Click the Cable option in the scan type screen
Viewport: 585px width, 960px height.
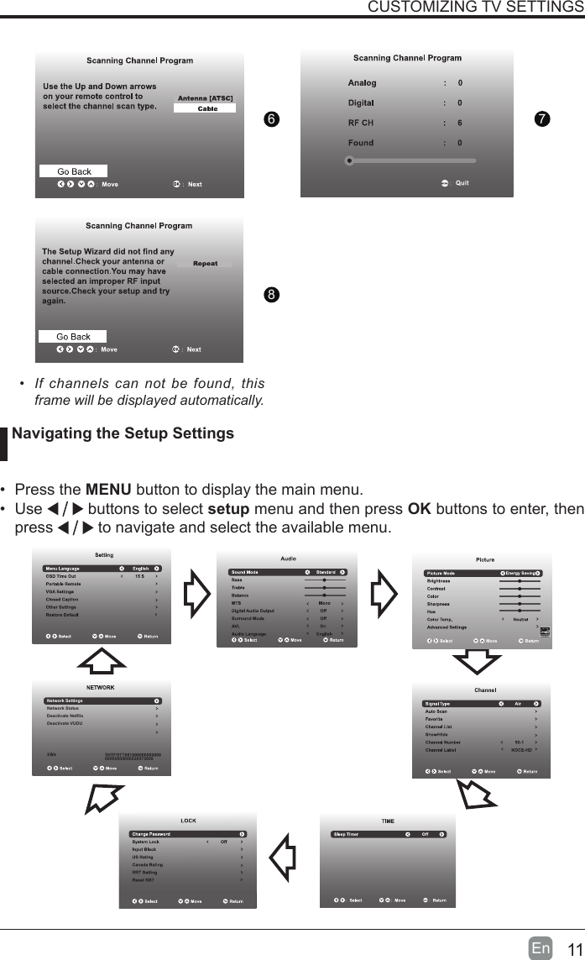(206, 108)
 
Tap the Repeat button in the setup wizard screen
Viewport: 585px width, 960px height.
(205, 264)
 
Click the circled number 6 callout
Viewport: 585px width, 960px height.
(270, 119)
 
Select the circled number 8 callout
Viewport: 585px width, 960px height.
(270, 295)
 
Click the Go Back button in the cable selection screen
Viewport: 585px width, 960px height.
(74, 171)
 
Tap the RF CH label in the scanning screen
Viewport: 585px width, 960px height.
(361, 123)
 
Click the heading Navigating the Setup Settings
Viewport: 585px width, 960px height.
(123, 434)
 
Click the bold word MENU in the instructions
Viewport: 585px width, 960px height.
(108, 490)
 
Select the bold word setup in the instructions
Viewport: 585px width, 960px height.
(227, 510)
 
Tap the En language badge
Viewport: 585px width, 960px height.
(541, 949)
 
